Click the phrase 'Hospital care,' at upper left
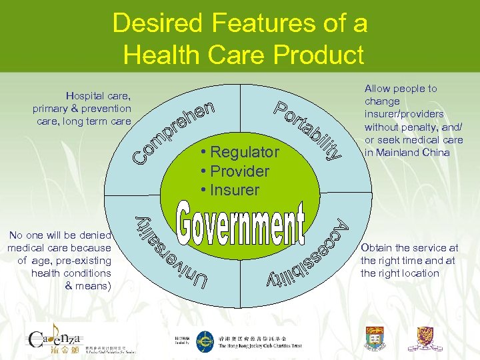pos(98,95)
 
